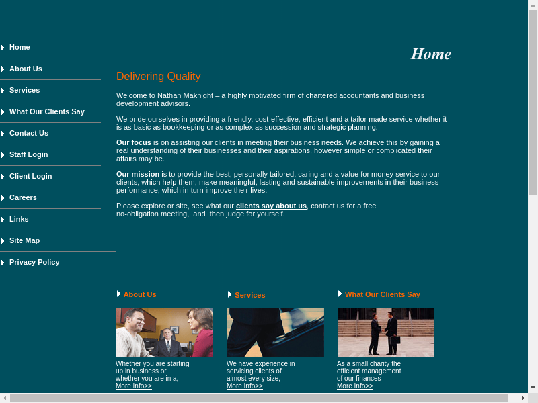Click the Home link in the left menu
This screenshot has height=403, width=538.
[x=20, y=47]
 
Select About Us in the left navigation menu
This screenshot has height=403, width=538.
[x=26, y=69]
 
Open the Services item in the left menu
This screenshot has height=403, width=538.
[x=24, y=90]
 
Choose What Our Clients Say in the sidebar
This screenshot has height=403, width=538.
[x=47, y=111]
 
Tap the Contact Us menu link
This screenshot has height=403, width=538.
[x=29, y=133]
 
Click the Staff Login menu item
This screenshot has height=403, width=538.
[x=29, y=154]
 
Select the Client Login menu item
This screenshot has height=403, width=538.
[x=31, y=176]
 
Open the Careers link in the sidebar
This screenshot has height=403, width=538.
[x=23, y=197]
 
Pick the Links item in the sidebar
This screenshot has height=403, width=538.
[x=19, y=219]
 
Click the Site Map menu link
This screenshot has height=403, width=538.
[x=24, y=240]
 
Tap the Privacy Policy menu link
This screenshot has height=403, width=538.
[x=34, y=262]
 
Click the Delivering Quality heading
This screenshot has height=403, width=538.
[x=158, y=77]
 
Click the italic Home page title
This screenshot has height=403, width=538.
[x=430, y=54]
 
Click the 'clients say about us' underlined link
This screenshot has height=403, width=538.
[x=271, y=206]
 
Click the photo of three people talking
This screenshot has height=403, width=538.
[x=165, y=332]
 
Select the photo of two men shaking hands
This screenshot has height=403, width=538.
[x=386, y=332]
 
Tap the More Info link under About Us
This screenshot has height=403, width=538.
[x=134, y=386]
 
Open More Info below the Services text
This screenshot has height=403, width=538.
[x=245, y=386]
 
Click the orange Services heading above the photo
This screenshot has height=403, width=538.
[x=250, y=295]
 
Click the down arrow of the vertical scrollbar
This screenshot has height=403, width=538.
[x=533, y=388]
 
